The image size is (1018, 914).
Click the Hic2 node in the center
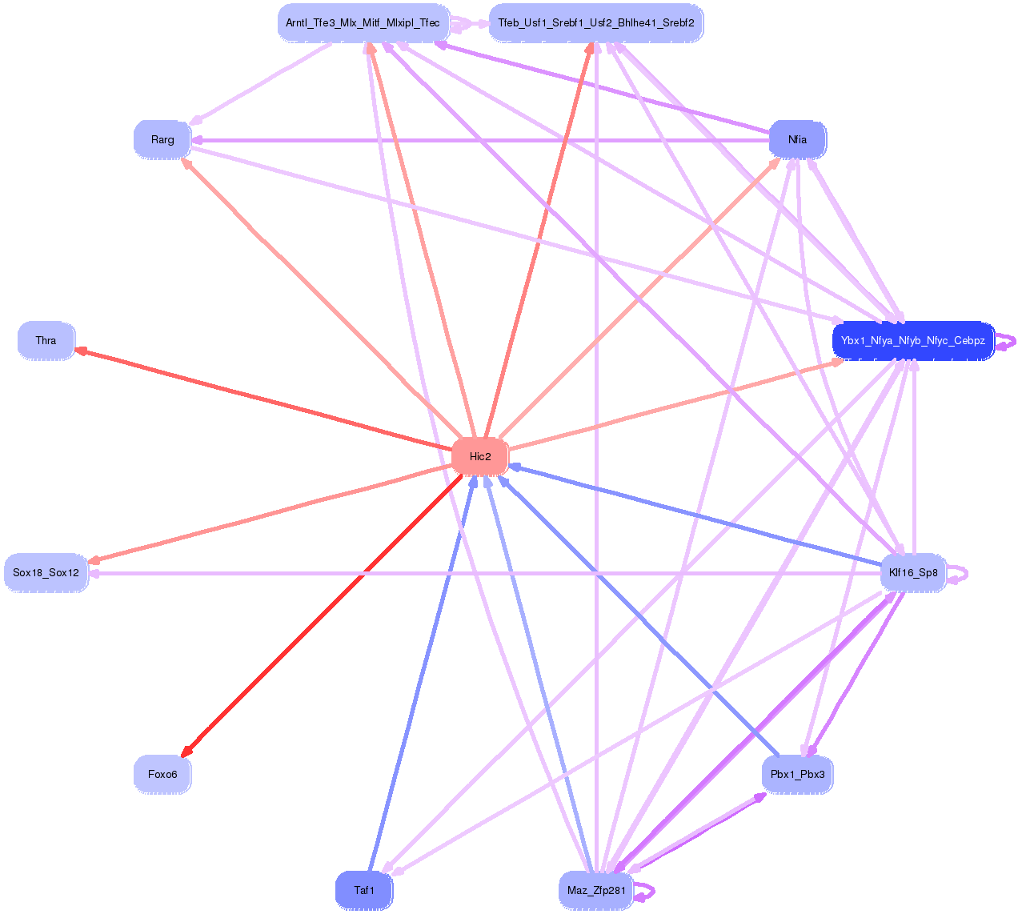coord(480,456)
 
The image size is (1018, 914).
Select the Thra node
coord(46,341)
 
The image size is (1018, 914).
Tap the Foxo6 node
coord(162,774)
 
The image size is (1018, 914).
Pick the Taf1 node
coord(364,890)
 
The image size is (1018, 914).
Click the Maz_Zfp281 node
coord(596,891)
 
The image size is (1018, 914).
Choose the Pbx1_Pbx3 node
coord(797,774)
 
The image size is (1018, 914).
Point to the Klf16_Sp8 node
coord(913,573)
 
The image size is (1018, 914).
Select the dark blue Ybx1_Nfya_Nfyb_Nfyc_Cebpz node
coord(913,341)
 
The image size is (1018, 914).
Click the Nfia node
coord(797,139)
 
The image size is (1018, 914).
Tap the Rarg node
coord(162,139)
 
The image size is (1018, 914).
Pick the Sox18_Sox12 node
coord(46,573)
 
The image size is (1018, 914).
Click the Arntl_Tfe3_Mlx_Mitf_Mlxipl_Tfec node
coord(363,23)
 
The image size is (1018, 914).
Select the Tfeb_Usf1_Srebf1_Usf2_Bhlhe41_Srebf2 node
coord(596,23)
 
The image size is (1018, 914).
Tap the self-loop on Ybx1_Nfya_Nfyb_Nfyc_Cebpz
coord(1008,341)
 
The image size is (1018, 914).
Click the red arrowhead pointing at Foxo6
coord(186,751)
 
